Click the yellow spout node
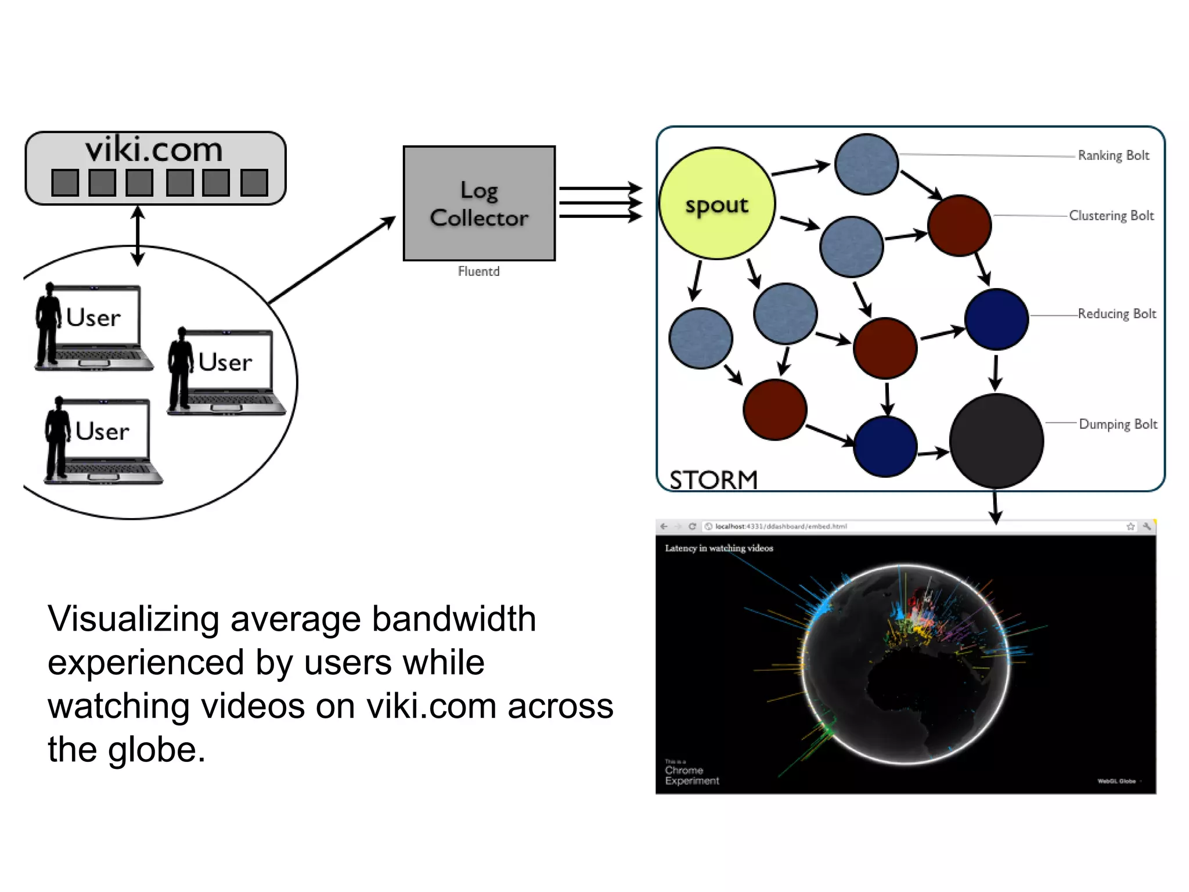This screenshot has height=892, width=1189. pyautogui.click(x=717, y=203)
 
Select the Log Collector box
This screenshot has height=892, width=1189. pyautogui.click(x=479, y=203)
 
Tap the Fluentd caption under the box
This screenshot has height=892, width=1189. pyautogui.click(x=478, y=271)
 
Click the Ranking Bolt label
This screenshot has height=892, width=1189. pyautogui.click(x=1113, y=155)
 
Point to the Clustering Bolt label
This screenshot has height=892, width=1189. pyautogui.click(x=1111, y=215)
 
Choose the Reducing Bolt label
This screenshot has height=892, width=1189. pyautogui.click(x=1116, y=314)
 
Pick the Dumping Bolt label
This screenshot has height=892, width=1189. pyautogui.click(x=1118, y=424)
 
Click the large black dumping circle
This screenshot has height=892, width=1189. pyautogui.click(x=996, y=441)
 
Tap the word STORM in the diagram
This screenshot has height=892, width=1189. pyautogui.click(x=714, y=480)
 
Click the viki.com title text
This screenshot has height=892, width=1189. pyautogui.click(x=154, y=150)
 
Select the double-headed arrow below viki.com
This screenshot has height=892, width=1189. pyautogui.click(x=138, y=235)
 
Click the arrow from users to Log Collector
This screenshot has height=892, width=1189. pyautogui.click(x=331, y=260)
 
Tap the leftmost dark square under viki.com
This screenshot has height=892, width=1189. pyautogui.click(x=65, y=182)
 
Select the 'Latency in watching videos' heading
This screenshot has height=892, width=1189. pyautogui.click(x=719, y=548)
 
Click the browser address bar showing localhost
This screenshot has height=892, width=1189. pyautogui.click(x=781, y=526)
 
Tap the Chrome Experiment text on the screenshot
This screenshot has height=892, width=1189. pyautogui.click(x=691, y=775)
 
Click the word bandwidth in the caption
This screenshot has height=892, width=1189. pyautogui.click(x=453, y=618)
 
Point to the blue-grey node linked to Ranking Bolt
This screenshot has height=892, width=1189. pyautogui.click(x=866, y=164)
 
